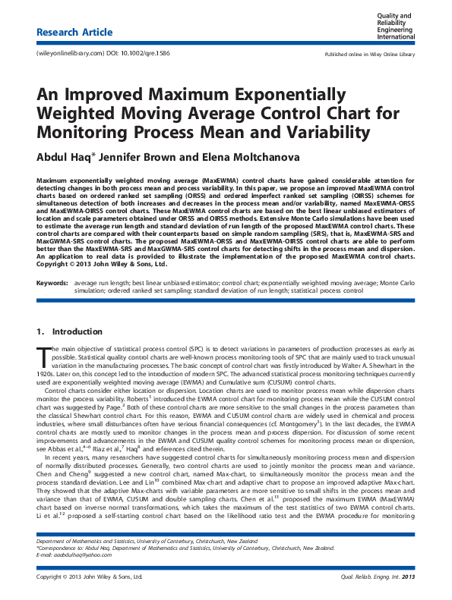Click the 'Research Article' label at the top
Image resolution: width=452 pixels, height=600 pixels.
pos(74,33)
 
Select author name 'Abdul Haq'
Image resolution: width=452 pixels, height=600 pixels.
pos(64,158)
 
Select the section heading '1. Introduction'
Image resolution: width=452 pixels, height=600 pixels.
pos(69,331)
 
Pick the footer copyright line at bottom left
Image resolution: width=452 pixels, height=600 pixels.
pos(90,578)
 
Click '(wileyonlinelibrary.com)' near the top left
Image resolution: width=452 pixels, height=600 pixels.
pos(68,55)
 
